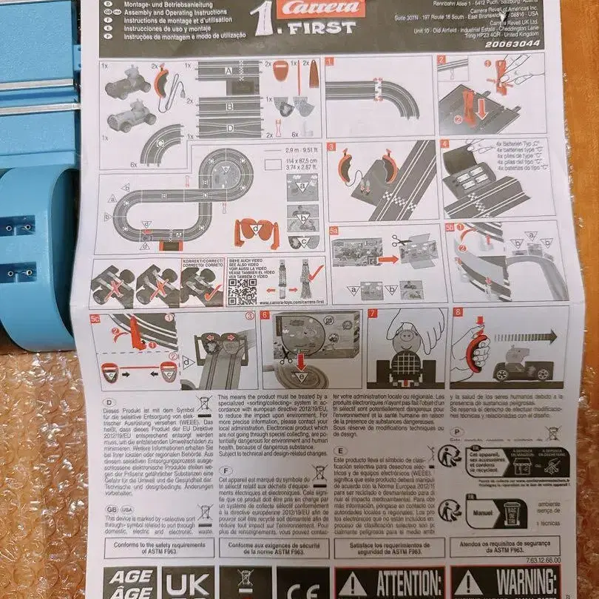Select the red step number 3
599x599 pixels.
tap(332, 146)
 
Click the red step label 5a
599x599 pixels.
tap(334, 230)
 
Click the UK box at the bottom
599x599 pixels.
tap(188, 584)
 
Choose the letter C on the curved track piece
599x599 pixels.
tap(162, 143)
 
